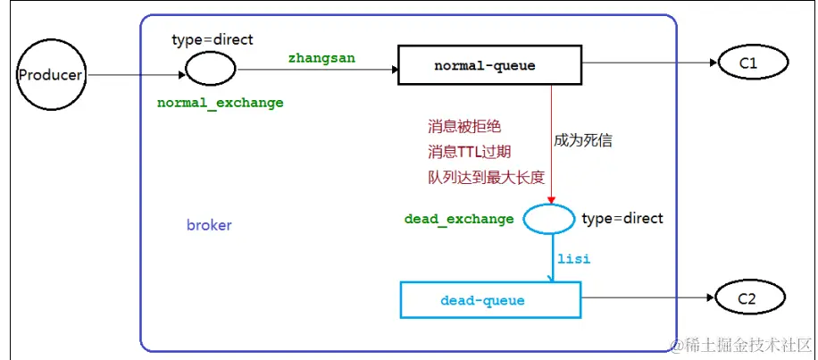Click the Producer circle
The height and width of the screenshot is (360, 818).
coord(50,75)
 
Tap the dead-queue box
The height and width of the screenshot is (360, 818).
coord(490,301)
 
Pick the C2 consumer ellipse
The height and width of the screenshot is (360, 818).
coord(747,298)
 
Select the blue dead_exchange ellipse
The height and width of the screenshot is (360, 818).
coord(547,219)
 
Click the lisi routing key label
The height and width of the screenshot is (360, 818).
coord(574,258)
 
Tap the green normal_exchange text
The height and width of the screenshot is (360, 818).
coord(221,103)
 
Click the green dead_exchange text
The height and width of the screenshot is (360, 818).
coord(459,219)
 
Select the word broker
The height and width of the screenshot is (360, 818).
coord(209,225)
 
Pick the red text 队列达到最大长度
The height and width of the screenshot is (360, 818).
coord(485,177)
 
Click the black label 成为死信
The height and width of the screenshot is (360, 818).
coord(583,140)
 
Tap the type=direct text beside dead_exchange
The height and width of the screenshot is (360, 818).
coord(622,219)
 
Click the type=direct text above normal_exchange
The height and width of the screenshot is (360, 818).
coord(213,39)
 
